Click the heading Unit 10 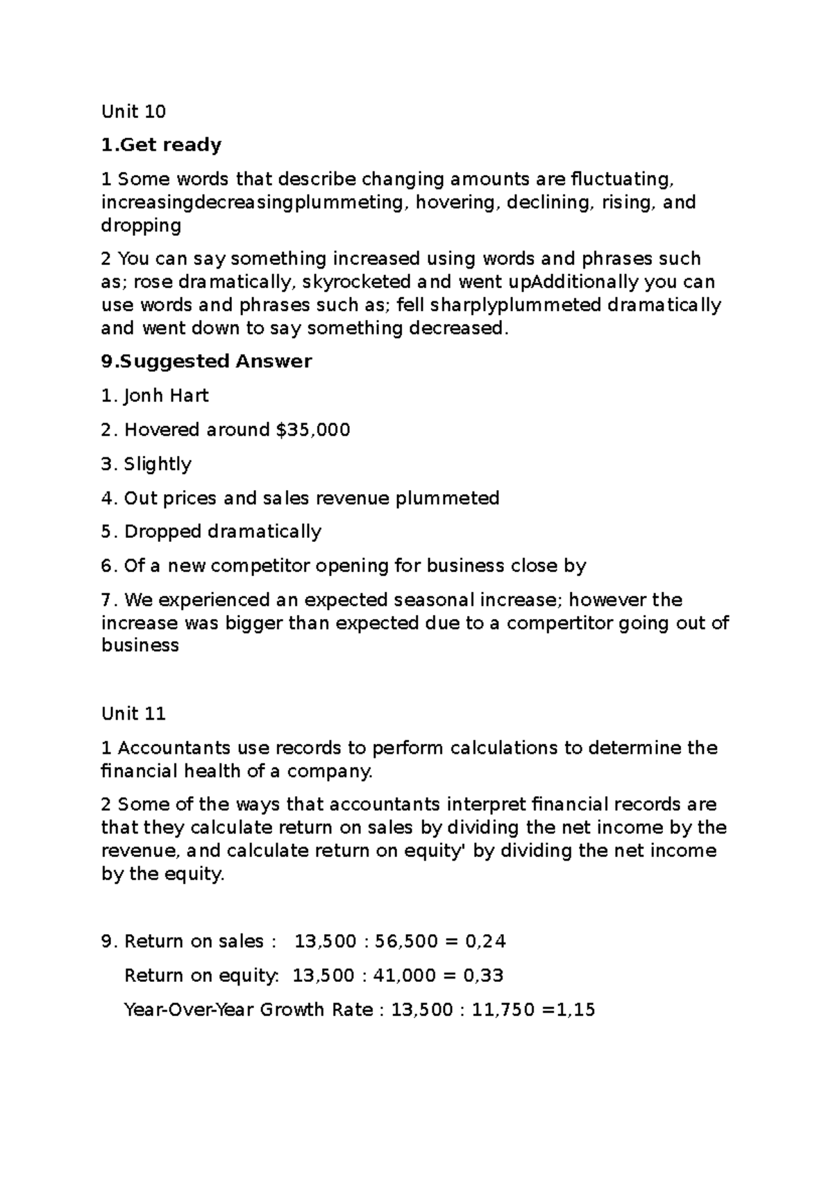pyautogui.click(x=133, y=111)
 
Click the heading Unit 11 pyautogui.click(x=133, y=713)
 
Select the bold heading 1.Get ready pyautogui.click(x=161, y=145)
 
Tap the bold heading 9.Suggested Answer pyautogui.click(x=206, y=362)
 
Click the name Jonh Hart pyautogui.click(x=166, y=396)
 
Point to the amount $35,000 pyautogui.click(x=312, y=430)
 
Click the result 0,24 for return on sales pyautogui.click(x=485, y=941)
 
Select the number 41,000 pyautogui.click(x=405, y=975)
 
